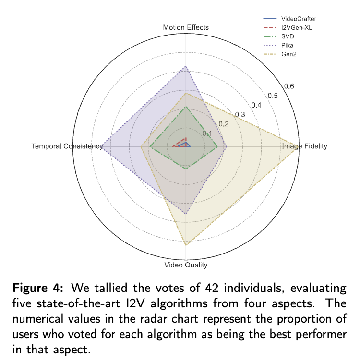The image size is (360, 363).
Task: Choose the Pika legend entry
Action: [x=288, y=45]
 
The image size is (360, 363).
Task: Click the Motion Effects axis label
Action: [x=186, y=27]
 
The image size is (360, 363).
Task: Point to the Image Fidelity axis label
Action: [x=305, y=146]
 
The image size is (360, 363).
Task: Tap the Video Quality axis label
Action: [x=186, y=265]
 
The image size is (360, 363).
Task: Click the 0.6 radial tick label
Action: [x=288, y=86]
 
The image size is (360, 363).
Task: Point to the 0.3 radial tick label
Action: [x=240, y=114]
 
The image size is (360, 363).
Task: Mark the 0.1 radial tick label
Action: [x=207, y=133]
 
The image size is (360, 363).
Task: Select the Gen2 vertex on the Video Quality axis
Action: [x=186, y=245]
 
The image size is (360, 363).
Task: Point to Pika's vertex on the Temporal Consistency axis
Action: [x=102, y=146]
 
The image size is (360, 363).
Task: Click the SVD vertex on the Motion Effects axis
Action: [x=186, y=107]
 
